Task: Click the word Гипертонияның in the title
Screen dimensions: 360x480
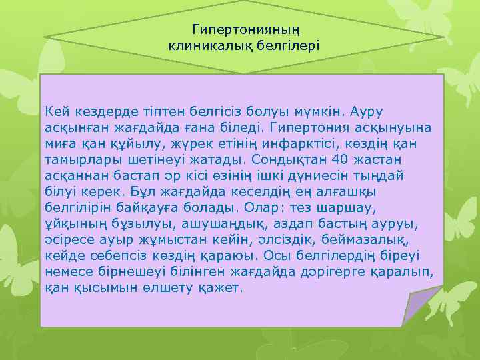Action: (x=245, y=29)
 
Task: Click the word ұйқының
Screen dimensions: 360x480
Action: (x=71, y=224)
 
